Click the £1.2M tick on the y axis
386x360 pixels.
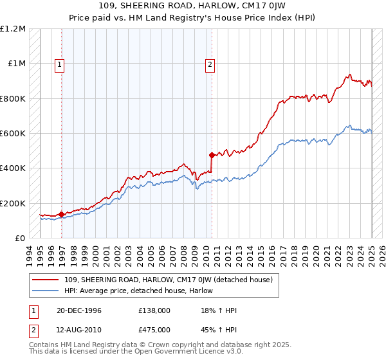point(13,29)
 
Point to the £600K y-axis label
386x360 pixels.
point(13,134)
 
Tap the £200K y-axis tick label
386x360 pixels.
point(13,203)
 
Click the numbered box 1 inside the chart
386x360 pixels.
point(59,64)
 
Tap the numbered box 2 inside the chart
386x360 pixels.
point(210,64)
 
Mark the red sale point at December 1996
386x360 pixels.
point(62,214)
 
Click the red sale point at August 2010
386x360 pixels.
point(212,155)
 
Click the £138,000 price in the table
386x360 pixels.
point(154,310)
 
